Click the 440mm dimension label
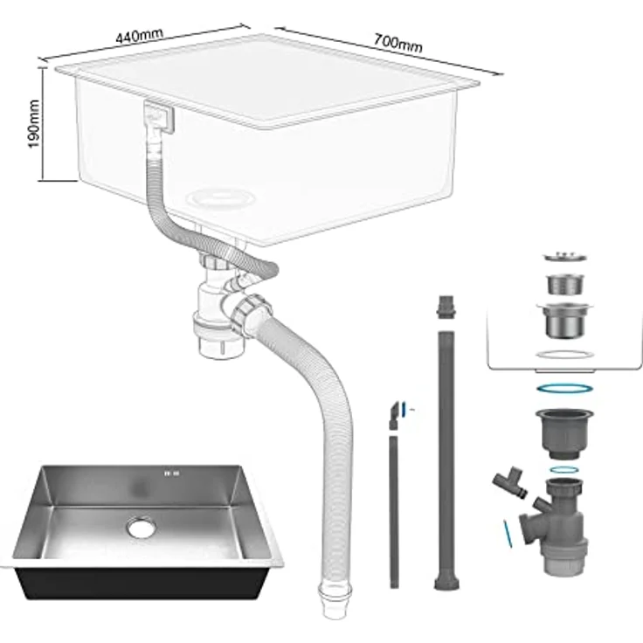pos(139,36)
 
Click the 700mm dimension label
pos(398,43)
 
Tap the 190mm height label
pos(34,124)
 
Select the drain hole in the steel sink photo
pos(141,527)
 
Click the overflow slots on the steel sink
pos(171,474)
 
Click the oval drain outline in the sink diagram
pos(221,199)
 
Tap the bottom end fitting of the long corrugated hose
pos(335,599)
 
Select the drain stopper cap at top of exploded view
pos(565,256)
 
